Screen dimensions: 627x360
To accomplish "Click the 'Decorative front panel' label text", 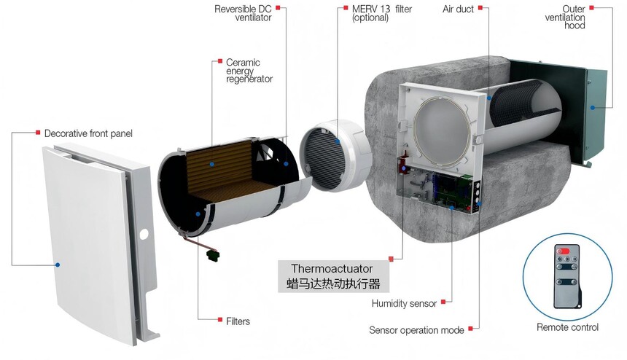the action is (88, 133).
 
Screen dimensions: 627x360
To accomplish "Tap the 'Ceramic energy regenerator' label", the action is (249, 71).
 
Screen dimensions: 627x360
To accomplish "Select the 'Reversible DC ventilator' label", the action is (243, 13).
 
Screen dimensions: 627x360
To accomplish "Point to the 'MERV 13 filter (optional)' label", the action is (382, 13).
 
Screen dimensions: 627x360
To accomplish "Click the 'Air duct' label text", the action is (459, 9).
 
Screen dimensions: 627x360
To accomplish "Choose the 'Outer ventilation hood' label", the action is (565, 17).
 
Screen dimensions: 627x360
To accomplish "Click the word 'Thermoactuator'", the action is (332, 268).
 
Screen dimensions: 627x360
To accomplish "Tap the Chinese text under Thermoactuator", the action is (333, 283).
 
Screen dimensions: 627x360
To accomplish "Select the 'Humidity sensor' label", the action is (404, 304).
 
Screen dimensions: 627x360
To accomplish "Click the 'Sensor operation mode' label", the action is (416, 330).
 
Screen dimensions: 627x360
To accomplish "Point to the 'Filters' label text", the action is (238, 321).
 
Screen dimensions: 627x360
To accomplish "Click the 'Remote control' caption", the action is (567, 327).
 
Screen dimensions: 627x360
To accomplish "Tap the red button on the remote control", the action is (563, 251).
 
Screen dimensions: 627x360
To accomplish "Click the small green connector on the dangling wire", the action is (214, 254).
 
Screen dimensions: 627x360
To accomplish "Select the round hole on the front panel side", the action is (144, 234).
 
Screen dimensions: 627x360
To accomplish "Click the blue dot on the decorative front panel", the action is (58, 265).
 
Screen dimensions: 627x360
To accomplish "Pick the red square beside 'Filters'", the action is (220, 320).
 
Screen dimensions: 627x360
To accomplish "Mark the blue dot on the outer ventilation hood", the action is (593, 107).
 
